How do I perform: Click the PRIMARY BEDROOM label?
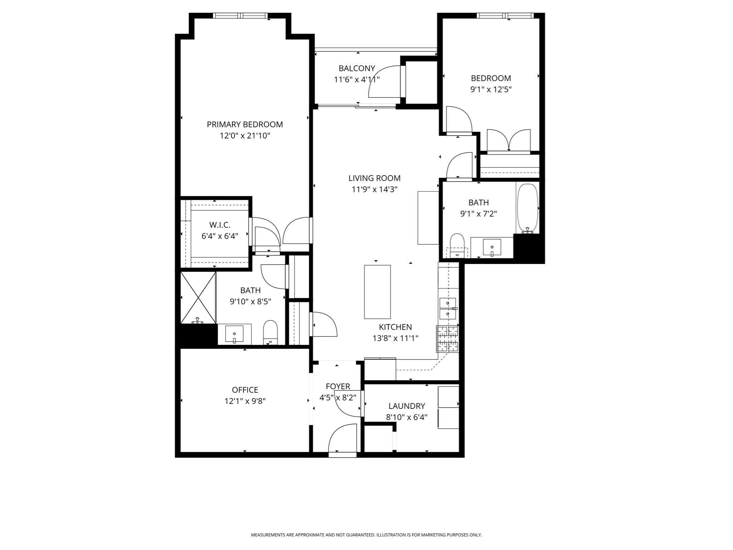pos(245,124)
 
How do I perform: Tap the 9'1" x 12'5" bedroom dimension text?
pos(491,90)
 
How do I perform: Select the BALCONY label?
pos(356,68)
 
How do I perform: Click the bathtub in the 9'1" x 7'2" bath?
pos(527,208)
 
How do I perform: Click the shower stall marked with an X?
pos(198,298)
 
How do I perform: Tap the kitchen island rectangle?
pos(377,292)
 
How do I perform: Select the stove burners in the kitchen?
pos(447,338)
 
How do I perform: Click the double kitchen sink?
pos(447,309)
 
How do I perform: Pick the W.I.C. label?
pos(220,225)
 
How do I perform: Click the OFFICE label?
pos(245,390)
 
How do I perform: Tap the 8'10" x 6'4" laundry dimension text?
pos(407,417)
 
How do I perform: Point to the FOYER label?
pos(338,386)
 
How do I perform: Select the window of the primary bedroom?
pos(240,15)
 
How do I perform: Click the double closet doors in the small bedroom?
pos(508,141)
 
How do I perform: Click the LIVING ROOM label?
pos(374,178)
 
